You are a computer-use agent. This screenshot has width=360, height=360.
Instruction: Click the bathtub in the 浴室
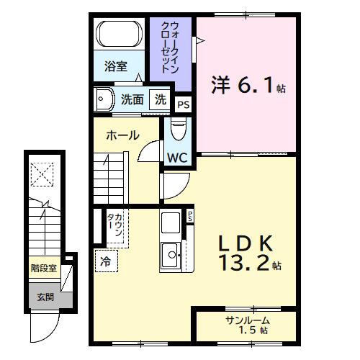click(x=120, y=34)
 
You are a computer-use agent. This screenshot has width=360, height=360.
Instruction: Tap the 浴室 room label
click(x=115, y=67)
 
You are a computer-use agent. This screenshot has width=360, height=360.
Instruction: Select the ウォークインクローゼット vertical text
click(x=170, y=48)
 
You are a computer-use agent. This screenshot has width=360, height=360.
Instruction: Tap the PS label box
click(x=184, y=105)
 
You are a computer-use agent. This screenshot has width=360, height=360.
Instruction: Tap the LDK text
click(x=246, y=242)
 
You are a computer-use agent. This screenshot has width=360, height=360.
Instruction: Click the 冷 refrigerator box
click(x=105, y=261)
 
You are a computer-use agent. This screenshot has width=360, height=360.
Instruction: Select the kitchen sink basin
click(x=171, y=253)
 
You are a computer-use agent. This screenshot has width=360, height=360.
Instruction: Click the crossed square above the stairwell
click(x=42, y=173)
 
